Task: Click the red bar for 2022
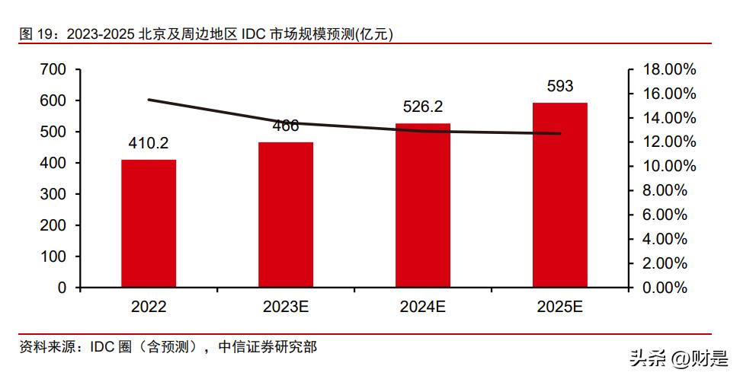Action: coord(149,224)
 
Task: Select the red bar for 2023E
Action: coord(286,215)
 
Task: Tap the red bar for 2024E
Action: coord(423,205)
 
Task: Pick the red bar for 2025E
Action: coord(560,195)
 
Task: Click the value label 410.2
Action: coord(149,142)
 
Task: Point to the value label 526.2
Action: coord(423,107)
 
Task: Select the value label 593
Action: coord(560,86)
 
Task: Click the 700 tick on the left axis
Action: coord(54,69)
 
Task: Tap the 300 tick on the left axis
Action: coord(54,194)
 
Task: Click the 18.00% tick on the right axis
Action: coord(670,69)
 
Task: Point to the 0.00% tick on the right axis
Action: coord(665,288)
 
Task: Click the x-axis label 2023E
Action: coord(286,307)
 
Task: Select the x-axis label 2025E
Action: coord(560,307)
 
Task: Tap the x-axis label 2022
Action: coord(149,307)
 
